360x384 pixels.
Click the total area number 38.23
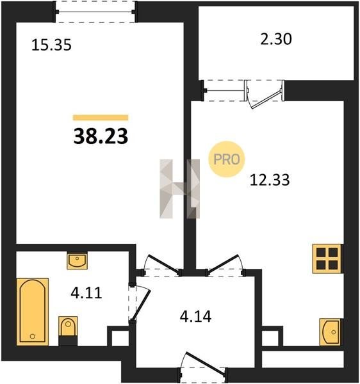click(101, 136)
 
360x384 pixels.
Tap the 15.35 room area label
click(51, 45)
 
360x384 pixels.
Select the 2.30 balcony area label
click(276, 39)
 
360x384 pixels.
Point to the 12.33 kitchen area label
click(270, 180)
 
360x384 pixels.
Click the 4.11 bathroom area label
click(86, 292)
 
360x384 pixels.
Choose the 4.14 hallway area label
click(195, 316)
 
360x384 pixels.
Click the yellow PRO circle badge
click(226, 159)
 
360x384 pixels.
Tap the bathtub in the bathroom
click(33, 312)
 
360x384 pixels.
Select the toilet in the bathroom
click(68, 331)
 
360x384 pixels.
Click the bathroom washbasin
click(77, 261)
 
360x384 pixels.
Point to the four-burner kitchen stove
click(327, 259)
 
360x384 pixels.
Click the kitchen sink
click(330, 332)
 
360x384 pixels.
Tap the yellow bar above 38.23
click(101, 118)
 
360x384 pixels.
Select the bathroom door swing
click(140, 305)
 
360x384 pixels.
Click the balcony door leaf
click(266, 99)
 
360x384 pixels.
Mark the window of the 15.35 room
click(95, 12)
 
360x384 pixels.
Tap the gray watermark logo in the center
click(179, 189)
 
